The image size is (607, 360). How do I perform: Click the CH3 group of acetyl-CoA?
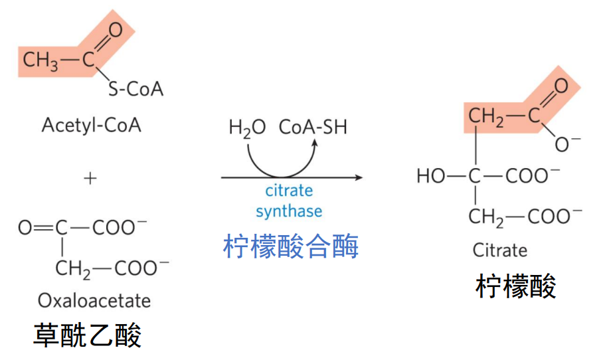(41, 60)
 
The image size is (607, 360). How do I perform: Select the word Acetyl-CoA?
(92, 125)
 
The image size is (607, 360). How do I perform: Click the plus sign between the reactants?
(90, 178)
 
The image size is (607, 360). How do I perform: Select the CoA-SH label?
(313, 127)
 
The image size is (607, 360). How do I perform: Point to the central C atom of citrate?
(474, 176)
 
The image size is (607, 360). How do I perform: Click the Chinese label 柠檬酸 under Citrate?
(516, 286)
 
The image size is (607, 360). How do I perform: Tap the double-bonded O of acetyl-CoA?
(116, 29)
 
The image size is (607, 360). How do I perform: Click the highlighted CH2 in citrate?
(486, 117)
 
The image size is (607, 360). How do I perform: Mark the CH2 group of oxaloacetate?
(72, 268)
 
